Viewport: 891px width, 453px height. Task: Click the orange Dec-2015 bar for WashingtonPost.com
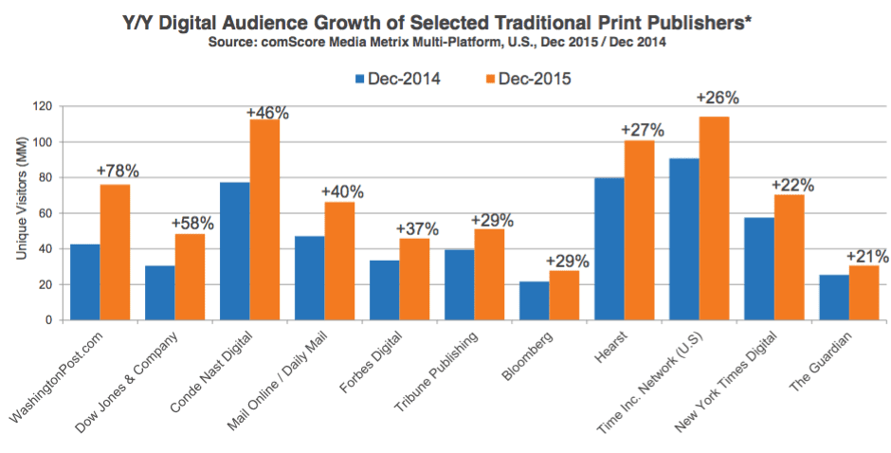pos(115,252)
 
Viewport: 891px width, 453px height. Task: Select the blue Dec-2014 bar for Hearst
pos(609,249)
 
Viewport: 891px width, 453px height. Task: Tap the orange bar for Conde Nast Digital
pos(264,220)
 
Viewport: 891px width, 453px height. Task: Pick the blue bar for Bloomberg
pos(535,300)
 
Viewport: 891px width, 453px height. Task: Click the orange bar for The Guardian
pos(864,293)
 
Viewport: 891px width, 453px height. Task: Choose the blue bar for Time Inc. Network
pos(684,239)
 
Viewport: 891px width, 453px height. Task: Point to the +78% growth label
pos(117,172)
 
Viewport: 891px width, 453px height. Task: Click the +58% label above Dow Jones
pos(192,224)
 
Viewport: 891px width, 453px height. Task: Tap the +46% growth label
pos(267,113)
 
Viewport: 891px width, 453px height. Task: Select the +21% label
pos(867,256)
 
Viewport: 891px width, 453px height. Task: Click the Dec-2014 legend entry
pos(398,79)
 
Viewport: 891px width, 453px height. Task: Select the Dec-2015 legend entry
pos(529,79)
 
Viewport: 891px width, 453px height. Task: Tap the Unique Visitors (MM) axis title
pos(22,198)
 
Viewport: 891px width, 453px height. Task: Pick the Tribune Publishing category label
pos(436,371)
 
